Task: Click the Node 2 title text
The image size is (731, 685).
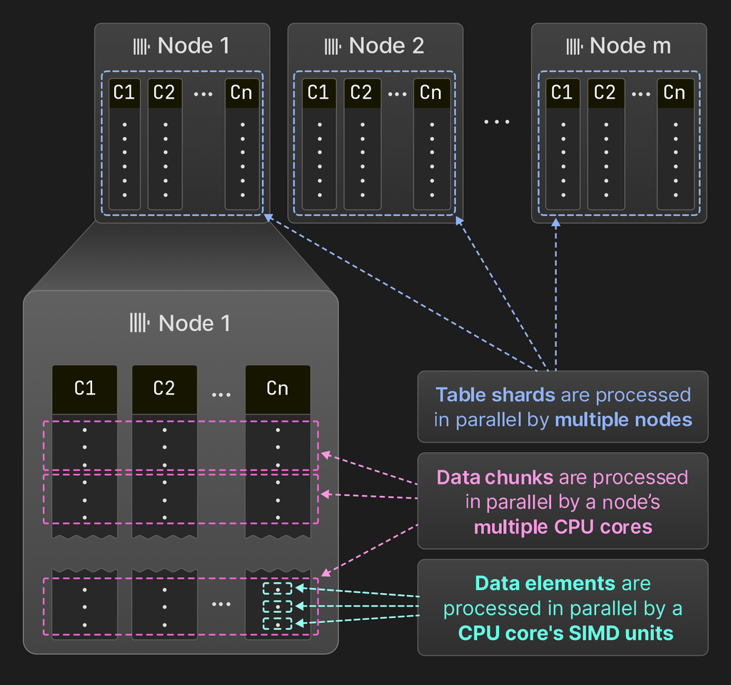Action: (387, 46)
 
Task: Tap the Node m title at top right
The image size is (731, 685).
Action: (630, 46)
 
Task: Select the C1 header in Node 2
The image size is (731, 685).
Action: (318, 93)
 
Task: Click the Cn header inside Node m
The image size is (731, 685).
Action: (675, 93)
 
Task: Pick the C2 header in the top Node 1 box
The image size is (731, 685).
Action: (165, 93)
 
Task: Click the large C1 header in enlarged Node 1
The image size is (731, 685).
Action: (84, 389)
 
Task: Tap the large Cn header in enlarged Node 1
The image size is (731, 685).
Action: (277, 389)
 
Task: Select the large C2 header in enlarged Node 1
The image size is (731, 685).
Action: (164, 389)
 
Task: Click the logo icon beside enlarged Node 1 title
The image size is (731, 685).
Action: (139, 323)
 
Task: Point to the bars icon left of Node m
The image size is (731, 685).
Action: (575, 47)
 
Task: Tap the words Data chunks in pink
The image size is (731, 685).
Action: (494, 477)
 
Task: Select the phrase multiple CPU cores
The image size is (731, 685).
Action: (563, 527)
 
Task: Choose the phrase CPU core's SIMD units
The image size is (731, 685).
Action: (565, 633)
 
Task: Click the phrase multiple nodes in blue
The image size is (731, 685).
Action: (623, 420)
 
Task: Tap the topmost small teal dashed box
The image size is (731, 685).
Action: (277, 589)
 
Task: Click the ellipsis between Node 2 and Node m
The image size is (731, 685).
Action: (497, 121)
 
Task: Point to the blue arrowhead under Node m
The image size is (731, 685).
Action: (556, 224)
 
